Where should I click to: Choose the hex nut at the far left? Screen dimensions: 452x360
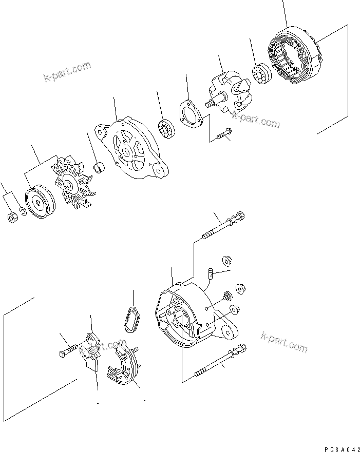tap(11, 218)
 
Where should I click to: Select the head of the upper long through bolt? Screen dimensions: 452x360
tap(240, 215)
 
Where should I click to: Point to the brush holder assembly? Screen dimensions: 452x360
tap(91, 350)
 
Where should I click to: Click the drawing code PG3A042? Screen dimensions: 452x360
tap(339, 448)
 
